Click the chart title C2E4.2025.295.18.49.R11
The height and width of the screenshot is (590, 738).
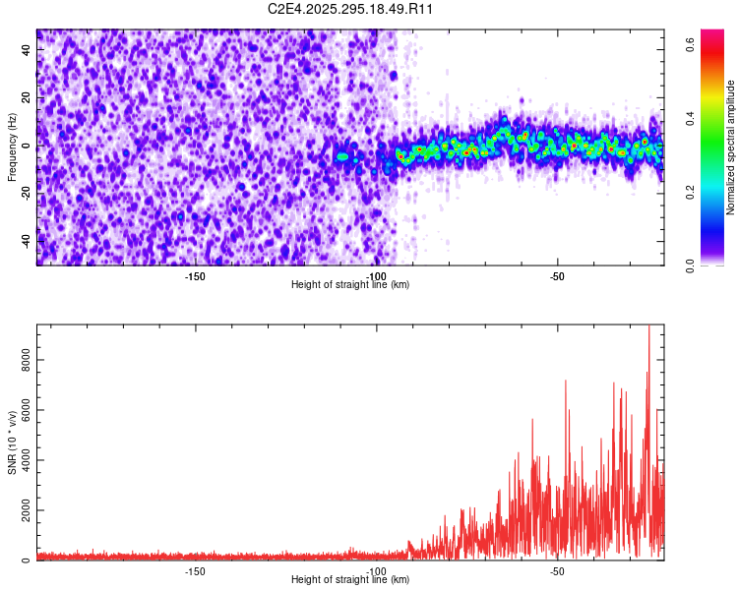[351, 9]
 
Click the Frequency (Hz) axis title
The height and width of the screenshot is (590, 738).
[13, 147]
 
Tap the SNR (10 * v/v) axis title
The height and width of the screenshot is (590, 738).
[13, 442]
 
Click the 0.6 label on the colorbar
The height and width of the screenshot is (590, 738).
[692, 44]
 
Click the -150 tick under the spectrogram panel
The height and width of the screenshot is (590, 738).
[194, 275]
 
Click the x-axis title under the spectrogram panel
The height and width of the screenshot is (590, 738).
[350, 284]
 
